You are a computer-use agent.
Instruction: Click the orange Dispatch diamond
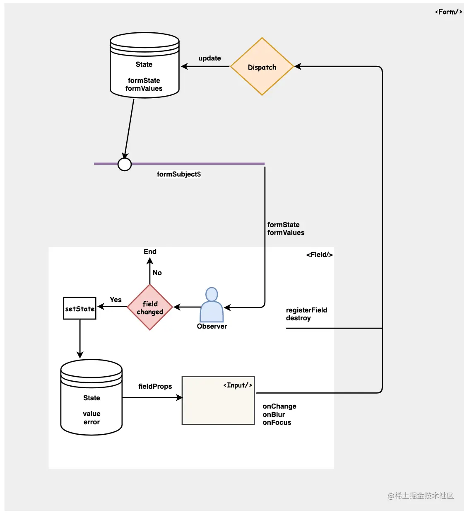(x=262, y=67)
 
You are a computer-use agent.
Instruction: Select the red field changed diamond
(x=150, y=307)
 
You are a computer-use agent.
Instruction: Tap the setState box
(x=79, y=308)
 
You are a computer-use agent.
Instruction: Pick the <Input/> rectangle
(x=218, y=400)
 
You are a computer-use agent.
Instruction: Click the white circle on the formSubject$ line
(x=125, y=165)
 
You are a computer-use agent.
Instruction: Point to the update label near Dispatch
(x=209, y=58)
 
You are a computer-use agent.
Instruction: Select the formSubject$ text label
(x=179, y=174)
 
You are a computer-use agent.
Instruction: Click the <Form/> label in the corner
(x=448, y=12)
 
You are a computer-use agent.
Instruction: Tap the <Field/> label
(x=319, y=254)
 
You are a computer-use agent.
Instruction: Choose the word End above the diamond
(x=150, y=252)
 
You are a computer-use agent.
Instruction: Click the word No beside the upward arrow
(x=157, y=273)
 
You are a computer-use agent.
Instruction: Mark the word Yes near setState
(x=116, y=300)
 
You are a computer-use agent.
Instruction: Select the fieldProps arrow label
(x=155, y=386)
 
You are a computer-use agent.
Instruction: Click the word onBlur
(x=274, y=414)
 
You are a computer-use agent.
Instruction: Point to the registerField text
(x=306, y=310)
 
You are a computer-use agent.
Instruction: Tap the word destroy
(x=298, y=318)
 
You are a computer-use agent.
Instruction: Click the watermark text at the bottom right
(x=421, y=496)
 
